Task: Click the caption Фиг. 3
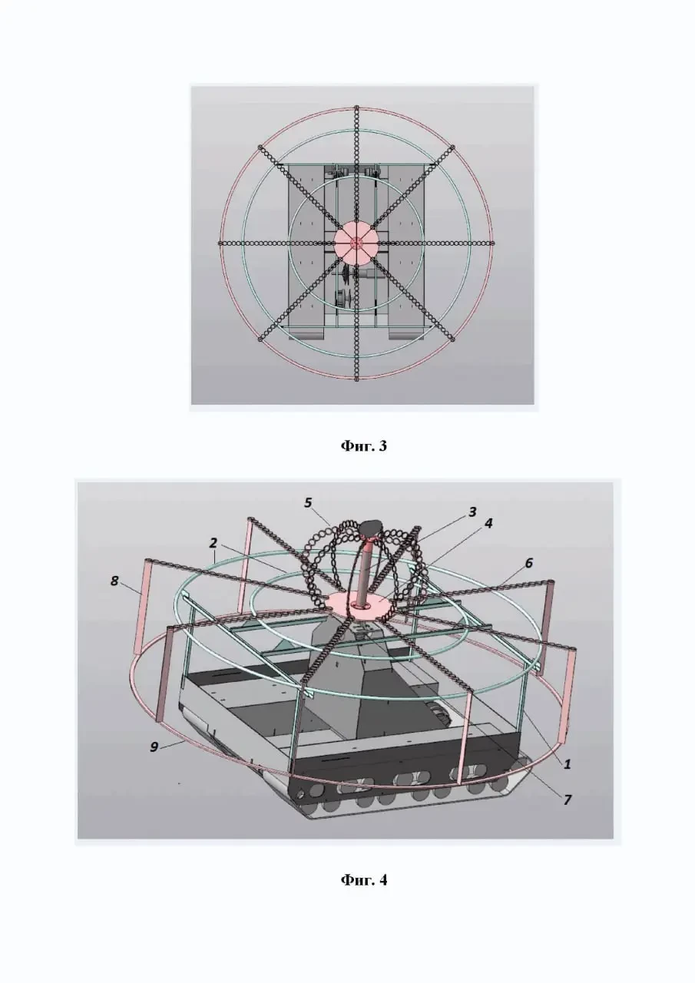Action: click(364, 446)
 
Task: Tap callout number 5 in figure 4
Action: click(308, 502)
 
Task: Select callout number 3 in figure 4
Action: click(472, 512)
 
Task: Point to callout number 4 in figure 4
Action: click(488, 523)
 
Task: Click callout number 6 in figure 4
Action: click(528, 563)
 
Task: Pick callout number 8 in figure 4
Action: click(114, 581)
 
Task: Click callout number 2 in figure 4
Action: click(213, 543)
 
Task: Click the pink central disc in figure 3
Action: click(356, 242)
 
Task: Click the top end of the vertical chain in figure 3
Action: click(356, 107)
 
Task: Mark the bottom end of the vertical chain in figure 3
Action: click(356, 380)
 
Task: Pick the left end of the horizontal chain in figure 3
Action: click(220, 243)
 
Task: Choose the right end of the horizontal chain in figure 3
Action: click(493, 243)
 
